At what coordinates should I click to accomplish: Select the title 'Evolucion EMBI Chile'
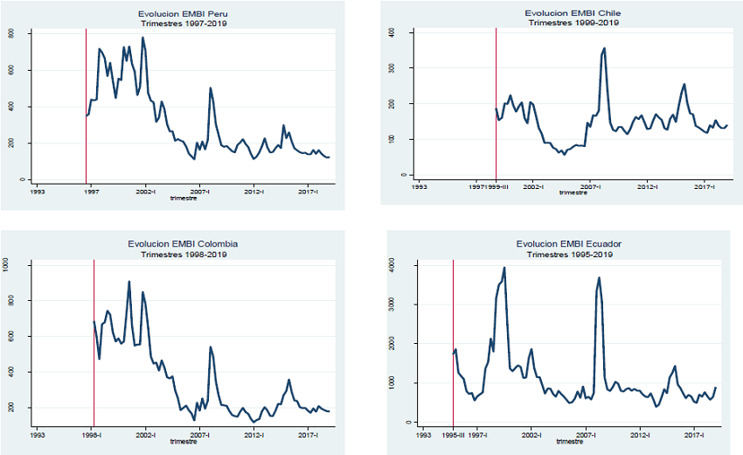(573, 14)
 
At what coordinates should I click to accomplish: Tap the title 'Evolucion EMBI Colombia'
(183, 243)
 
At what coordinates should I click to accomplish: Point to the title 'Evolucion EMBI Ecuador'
(573, 243)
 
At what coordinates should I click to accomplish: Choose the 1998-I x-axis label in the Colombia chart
(94, 433)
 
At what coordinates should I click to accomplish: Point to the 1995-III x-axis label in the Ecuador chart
(453, 433)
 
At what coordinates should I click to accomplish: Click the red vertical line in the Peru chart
(86, 105)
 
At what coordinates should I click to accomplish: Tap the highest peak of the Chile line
(604, 48)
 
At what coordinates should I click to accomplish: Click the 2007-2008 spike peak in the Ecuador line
(600, 278)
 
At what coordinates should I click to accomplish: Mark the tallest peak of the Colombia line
(129, 282)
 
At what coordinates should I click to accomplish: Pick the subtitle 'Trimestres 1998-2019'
(183, 254)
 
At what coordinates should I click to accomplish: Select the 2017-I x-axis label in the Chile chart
(705, 186)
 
